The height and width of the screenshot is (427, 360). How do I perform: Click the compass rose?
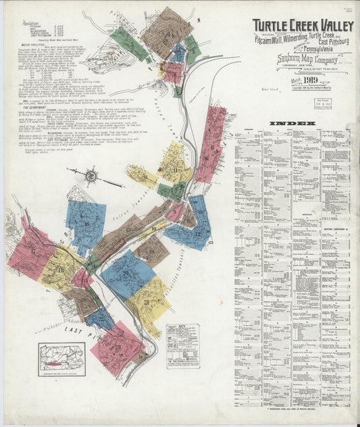tap(91, 176)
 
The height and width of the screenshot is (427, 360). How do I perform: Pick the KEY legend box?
tap(182, 345)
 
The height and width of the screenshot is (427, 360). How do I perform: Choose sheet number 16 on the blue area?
tap(86, 224)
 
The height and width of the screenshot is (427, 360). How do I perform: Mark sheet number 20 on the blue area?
tap(126, 272)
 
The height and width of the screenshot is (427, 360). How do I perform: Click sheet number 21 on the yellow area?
tap(147, 302)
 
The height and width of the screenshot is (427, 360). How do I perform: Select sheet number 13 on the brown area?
tap(128, 230)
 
